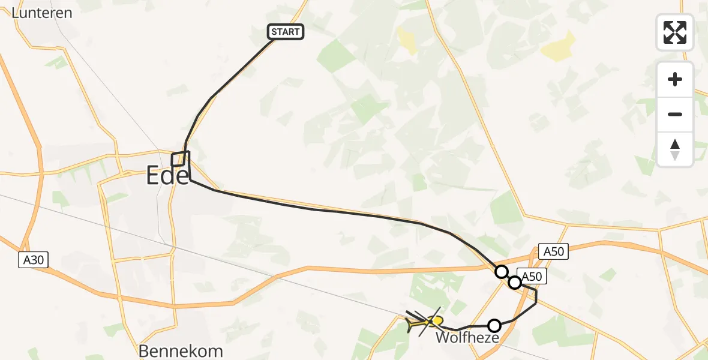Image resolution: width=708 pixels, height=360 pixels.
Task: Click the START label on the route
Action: click(x=286, y=32)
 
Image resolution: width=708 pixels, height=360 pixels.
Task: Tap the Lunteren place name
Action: click(x=42, y=12)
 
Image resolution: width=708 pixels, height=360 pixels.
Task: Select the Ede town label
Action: click(x=167, y=176)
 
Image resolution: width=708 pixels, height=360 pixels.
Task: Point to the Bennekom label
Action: click(x=181, y=351)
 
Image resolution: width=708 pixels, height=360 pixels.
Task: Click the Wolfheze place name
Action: click(x=467, y=338)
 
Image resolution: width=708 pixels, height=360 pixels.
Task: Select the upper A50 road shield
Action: click(x=553, y=251)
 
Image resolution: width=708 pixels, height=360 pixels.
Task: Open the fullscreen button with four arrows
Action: click(x=675, y=32)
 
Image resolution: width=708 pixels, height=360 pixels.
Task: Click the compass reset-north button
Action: click(x=675, y=149)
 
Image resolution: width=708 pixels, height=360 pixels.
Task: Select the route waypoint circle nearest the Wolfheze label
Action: click(x=494, y=326)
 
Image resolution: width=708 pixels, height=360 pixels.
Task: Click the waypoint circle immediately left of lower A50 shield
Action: click(x=514, y=282)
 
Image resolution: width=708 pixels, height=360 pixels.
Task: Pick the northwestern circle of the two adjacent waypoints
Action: click(x=501, y=272)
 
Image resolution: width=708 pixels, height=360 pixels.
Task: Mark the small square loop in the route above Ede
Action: click(x=180, y=158)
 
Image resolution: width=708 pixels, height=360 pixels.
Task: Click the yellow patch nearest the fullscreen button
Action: click(x=559, y=47)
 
